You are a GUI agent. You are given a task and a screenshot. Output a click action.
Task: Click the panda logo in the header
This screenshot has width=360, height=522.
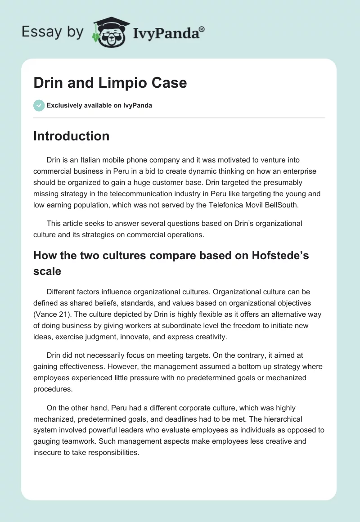pyautogui.click(x=110, y=32)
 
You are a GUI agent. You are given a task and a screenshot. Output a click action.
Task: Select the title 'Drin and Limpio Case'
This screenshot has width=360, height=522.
pyautogui.click(x=110, y=83)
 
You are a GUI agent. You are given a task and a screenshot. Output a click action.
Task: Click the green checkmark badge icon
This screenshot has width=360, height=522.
pyautogui.click(x=39, y=105)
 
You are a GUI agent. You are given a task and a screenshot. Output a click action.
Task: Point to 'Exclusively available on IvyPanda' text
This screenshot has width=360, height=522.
pyautogui.click(x=99, y=106)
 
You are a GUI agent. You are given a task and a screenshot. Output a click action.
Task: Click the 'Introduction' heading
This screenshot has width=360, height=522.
pyautogui.click(x=71, y=136)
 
